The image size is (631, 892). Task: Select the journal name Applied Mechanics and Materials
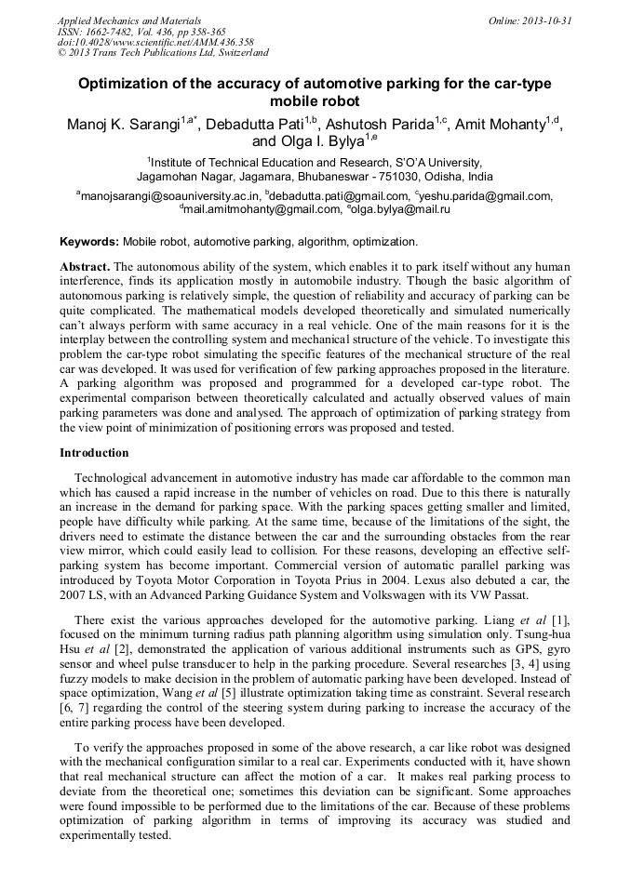click(128, 20)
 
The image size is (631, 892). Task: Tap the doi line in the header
click(154, 43)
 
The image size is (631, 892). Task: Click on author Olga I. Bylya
click(307, 143)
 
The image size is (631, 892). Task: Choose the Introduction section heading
click(94, 453)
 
